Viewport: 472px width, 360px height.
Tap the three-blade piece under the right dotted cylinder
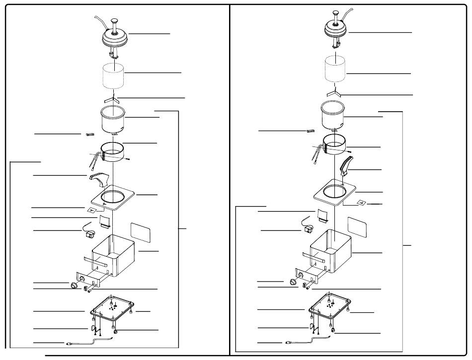tap(336, 93)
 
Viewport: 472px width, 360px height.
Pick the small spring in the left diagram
tap(90, 134)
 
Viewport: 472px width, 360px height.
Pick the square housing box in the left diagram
tap(114, 256)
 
